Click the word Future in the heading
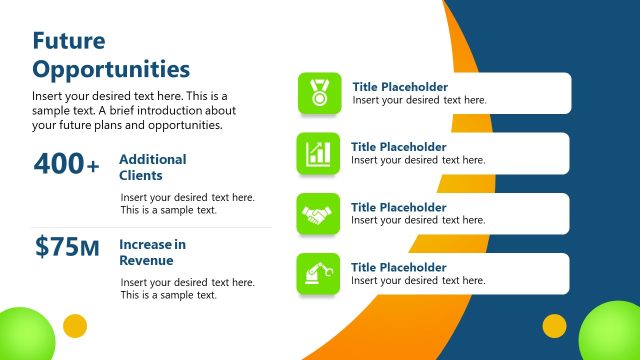pos(69,41)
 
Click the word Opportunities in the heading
pos(110,69)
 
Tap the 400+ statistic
pos(67,165)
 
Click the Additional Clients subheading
pos(152,167)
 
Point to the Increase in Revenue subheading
pos(152,252)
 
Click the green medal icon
pos(319,93)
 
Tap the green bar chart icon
pos(319,153)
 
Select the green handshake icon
pos(319,214)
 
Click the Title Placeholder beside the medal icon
pos(400,87)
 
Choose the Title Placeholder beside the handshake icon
pos(399,207)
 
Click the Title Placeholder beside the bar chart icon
pos(399,147)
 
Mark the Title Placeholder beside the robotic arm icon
pos(399,267)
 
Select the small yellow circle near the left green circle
pos(75,326)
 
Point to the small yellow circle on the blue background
pos(554,326)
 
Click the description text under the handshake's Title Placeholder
pos(418,220)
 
